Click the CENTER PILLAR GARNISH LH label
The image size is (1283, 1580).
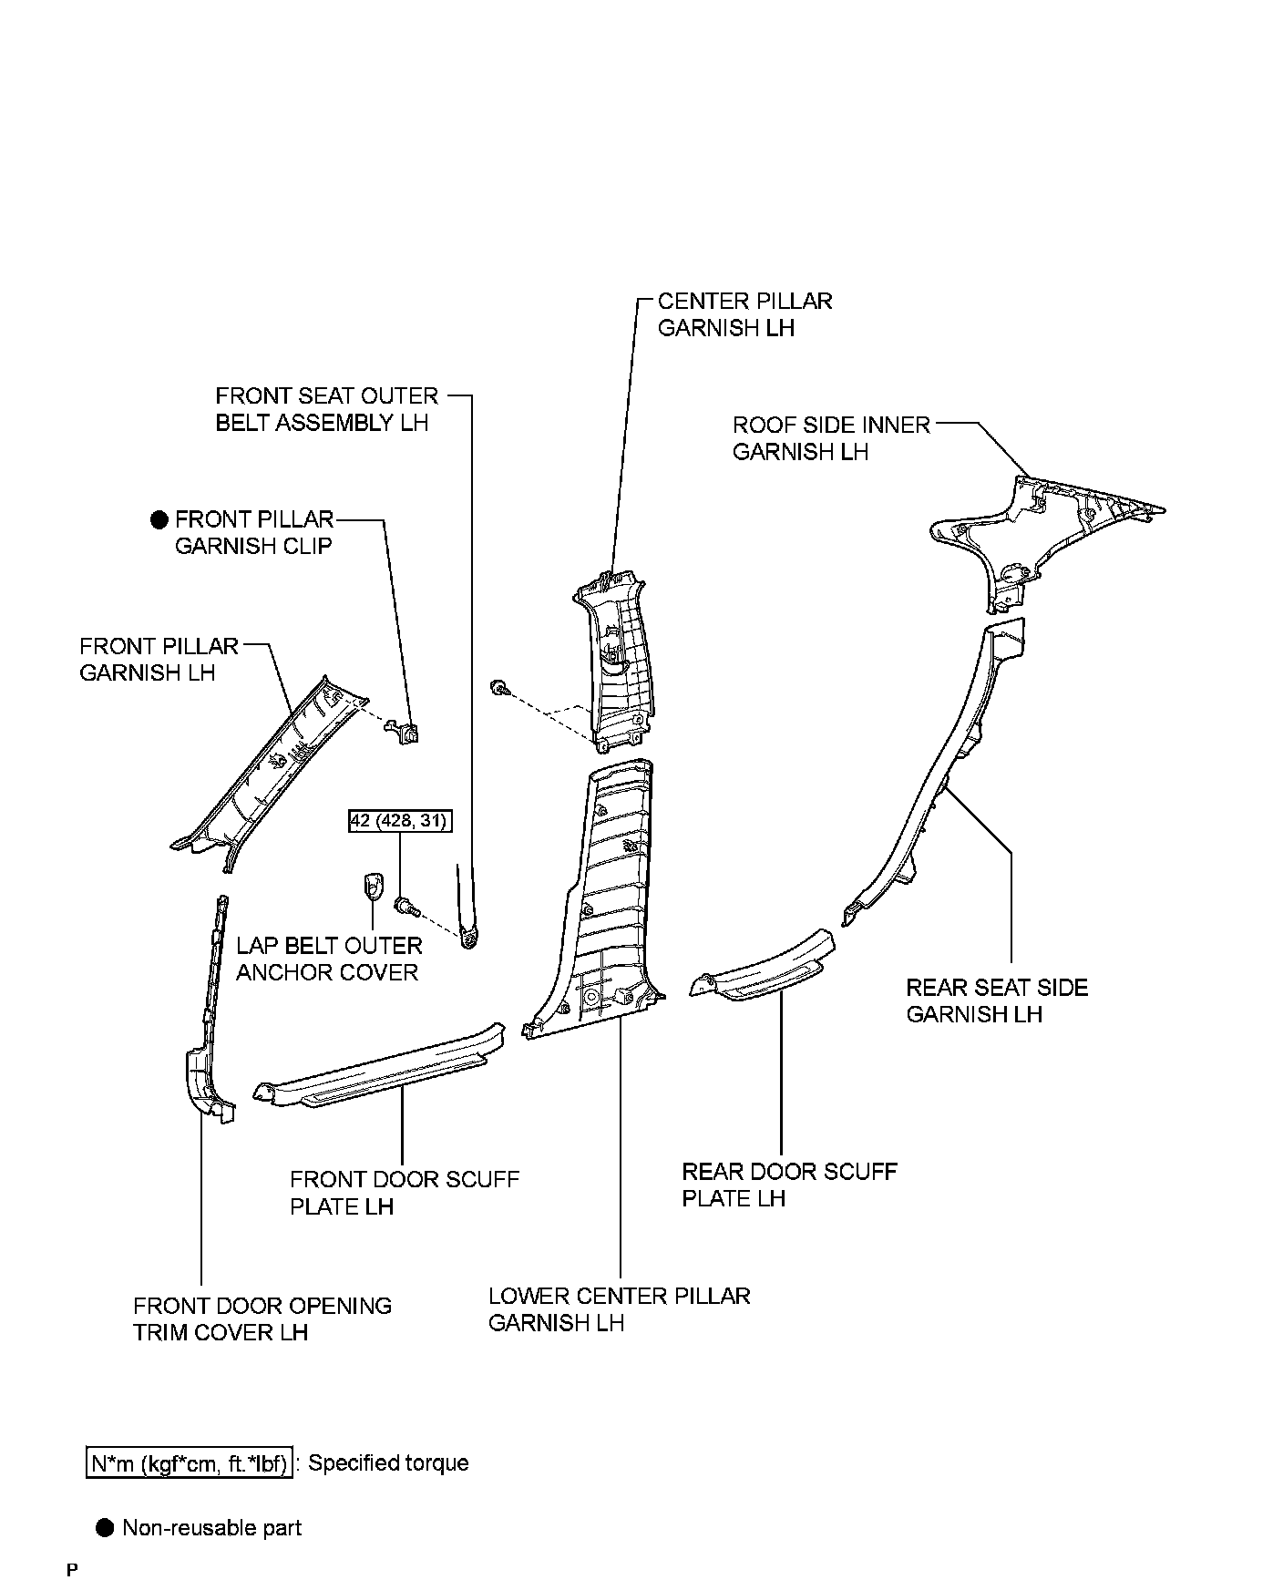744,314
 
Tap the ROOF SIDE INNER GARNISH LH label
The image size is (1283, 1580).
831,438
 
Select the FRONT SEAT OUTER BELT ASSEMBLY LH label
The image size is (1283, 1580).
326,409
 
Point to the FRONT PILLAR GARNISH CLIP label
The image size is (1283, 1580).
254,532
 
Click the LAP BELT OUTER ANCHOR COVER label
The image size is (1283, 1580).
329,959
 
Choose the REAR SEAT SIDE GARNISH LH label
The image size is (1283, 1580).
997,1000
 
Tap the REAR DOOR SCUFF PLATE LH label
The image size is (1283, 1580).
789,1185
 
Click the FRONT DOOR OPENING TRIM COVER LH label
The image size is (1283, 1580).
262,1318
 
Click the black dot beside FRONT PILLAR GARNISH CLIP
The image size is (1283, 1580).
160,519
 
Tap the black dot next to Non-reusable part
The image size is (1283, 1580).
107,1528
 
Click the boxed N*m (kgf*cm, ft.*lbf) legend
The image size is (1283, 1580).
190,1463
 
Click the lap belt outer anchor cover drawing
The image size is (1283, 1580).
372,884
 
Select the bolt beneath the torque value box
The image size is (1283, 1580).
405,906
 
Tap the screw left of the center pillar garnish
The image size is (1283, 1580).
499,687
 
